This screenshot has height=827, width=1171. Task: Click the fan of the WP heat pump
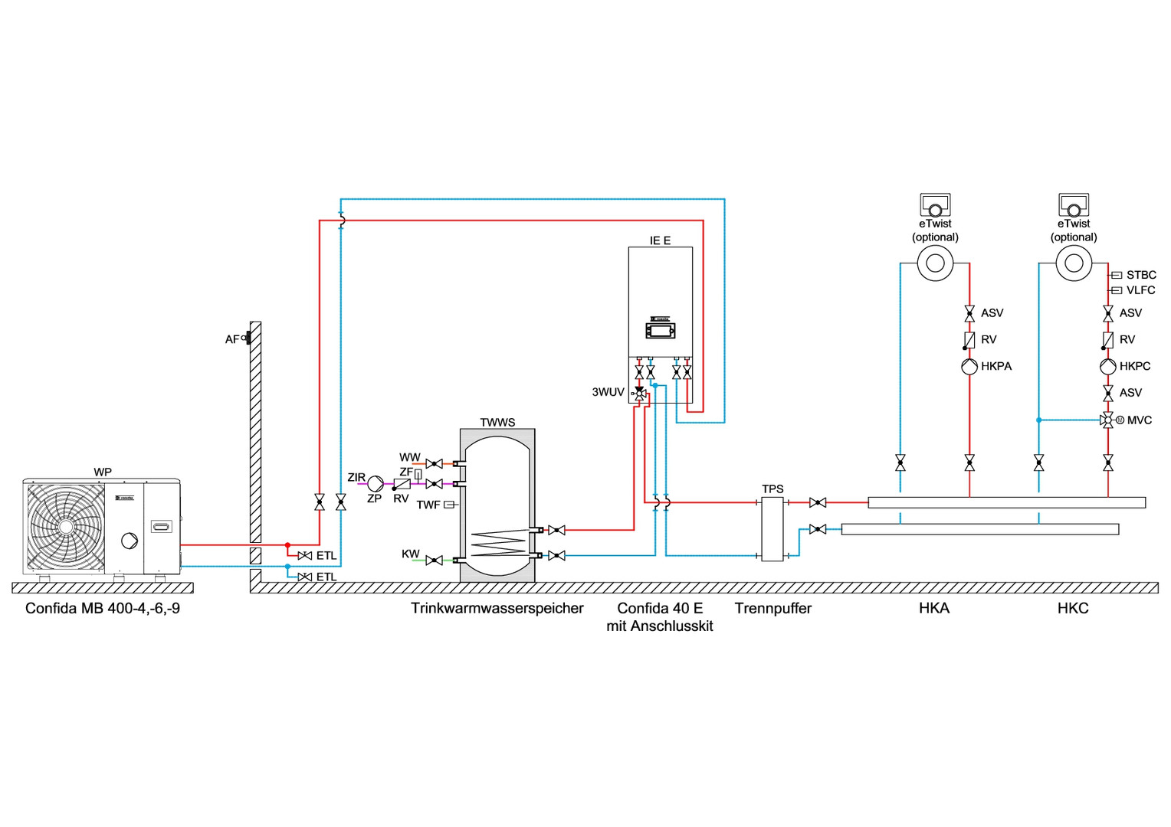tap(66, 527)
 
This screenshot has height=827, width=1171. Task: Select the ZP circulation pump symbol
tap(376, 484)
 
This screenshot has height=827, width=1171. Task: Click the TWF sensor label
tap(428, 505)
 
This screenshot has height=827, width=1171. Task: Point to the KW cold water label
tap(411, 554)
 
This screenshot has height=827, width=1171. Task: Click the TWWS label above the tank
tap(497, 423)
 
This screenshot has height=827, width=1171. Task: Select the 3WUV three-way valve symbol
tap(639, 393)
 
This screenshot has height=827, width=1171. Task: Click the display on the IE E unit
tap(660, 332)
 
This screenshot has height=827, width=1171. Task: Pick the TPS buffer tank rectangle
tap(772, 528)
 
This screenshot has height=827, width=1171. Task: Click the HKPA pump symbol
tap(969, 367)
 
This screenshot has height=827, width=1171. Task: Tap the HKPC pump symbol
tap(1108, 367)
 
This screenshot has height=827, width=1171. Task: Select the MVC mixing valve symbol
tap(1108, 420)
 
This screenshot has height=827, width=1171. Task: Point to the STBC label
tap(1141, 275)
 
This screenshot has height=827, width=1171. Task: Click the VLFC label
tap(1140, 290)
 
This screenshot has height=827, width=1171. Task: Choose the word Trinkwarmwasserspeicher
tap(497, 608)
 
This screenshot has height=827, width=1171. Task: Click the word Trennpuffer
tap(772, 608)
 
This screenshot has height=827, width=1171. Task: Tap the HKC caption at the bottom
tap(1073, 608)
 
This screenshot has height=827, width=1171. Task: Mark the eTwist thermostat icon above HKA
tap(935, 205)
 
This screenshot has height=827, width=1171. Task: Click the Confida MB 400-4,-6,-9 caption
tap(103, 608)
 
